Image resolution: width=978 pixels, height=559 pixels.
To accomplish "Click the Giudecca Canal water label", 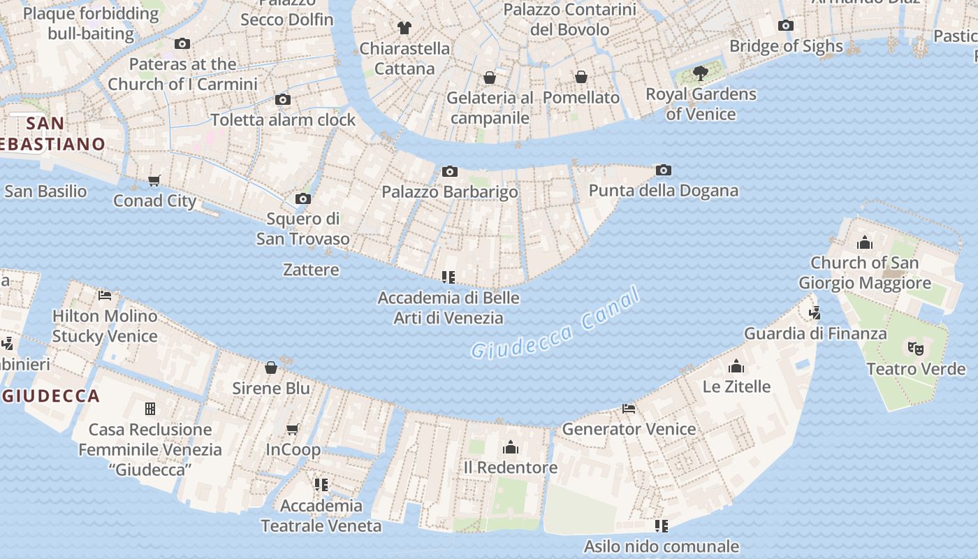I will click(x=555, y=324).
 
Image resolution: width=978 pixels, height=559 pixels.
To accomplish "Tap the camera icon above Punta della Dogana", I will click(x=664, y=170).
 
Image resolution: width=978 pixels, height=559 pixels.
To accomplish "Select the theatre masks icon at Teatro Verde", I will click(x=915, y=347).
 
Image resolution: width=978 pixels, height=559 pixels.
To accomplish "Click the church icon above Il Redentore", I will click(x=511, y=447).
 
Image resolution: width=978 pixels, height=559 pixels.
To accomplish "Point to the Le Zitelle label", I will click(x=736, y=386).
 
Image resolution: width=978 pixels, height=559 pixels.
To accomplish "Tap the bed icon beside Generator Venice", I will click(x=629, y=409).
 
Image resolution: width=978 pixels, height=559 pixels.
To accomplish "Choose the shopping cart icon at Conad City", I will click(x=154, y=180).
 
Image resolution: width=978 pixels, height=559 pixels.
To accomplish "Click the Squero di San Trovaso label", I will click(x=302, y=228).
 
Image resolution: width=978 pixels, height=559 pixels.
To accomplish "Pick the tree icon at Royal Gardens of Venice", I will click(x=700, y=73).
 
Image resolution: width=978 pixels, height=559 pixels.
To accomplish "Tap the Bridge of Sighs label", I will click(x=786, y=46).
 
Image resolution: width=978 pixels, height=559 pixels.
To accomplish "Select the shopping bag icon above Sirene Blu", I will click(x=271, y=368).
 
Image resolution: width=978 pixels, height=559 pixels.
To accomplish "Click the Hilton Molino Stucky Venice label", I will click(x=105, y=326).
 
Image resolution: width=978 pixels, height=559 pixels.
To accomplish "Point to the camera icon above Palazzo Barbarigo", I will click(x=450, y=171).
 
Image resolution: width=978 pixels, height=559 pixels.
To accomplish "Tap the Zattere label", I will click(x=311, y=270).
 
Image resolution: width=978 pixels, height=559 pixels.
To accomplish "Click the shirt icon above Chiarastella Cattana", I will click(x=404, y=28).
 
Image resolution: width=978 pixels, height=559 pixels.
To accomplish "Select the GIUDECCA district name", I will click(x=51, y=396).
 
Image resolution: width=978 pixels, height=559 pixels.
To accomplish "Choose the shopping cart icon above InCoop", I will click(x=293, y=429).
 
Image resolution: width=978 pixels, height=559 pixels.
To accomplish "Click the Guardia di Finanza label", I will click(x=815, y=333).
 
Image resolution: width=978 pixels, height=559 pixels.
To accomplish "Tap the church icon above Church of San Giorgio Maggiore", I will click(x=865, y=242).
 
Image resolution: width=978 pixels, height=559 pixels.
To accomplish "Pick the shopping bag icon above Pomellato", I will click(x=581, y=77).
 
